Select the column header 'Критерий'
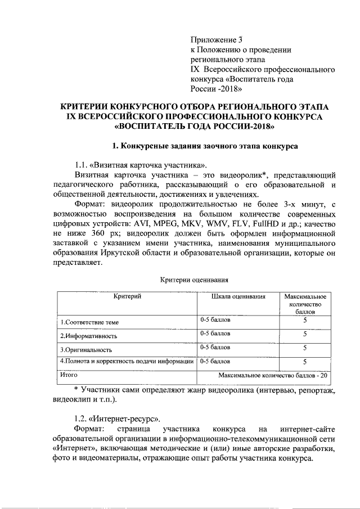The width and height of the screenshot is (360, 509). [x=127, y=296]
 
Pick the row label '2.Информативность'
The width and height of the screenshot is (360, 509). [x=88, y=336]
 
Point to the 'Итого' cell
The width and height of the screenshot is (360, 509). [x=69, y=374]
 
